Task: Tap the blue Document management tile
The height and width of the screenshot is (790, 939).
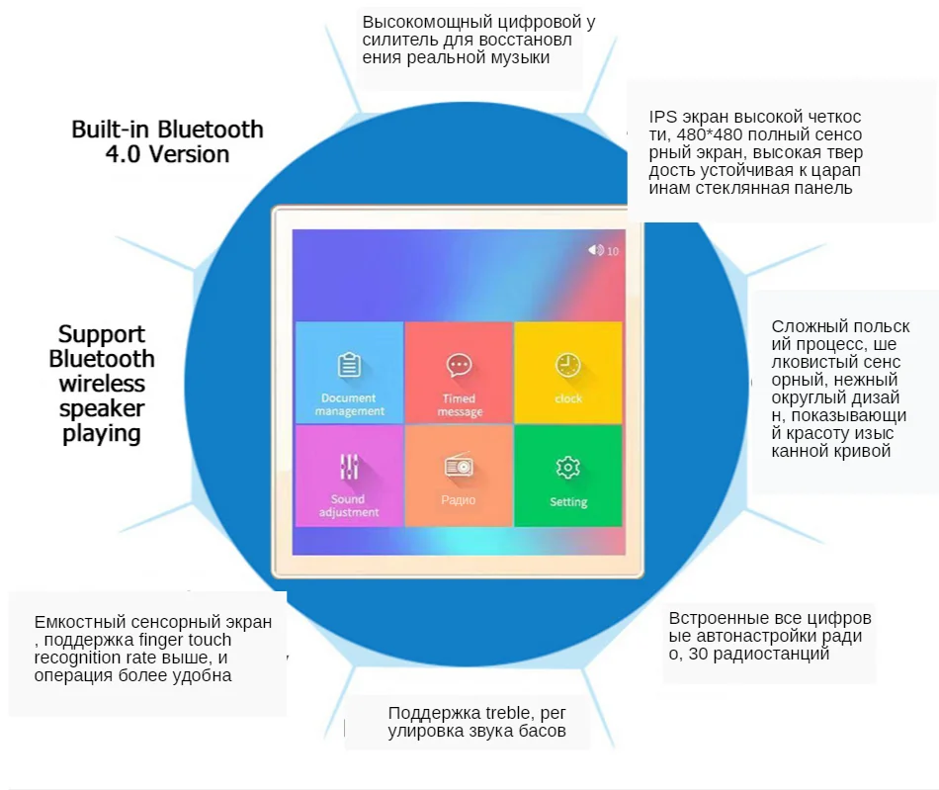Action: (x=349, y=373)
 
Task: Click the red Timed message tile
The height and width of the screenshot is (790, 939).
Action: (x=459, y=373)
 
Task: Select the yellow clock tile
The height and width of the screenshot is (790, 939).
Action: (x=568, y=373)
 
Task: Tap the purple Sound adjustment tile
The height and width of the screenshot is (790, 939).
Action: (x=349, y=476)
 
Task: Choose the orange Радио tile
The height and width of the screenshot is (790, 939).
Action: (x=459, y=476)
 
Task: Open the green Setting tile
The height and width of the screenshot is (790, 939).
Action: (x=568, y=476)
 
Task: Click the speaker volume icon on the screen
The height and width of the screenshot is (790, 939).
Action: (x=595, y=250)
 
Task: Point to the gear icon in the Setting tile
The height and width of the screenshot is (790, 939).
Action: (x=567, y=467)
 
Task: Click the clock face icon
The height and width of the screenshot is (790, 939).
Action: (x=567, y=365)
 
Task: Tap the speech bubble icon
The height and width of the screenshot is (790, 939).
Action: (x=459, y=366)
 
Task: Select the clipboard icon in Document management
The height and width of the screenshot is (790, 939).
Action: (x=349, y=365)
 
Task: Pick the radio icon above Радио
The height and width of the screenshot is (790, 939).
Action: (x=459, y=467)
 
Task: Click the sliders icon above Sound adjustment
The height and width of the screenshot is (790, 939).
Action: (x=349, y=467)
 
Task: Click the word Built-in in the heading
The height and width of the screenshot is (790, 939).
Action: (x=111, y=130)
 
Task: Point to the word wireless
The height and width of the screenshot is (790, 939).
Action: (x=102, y=384)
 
